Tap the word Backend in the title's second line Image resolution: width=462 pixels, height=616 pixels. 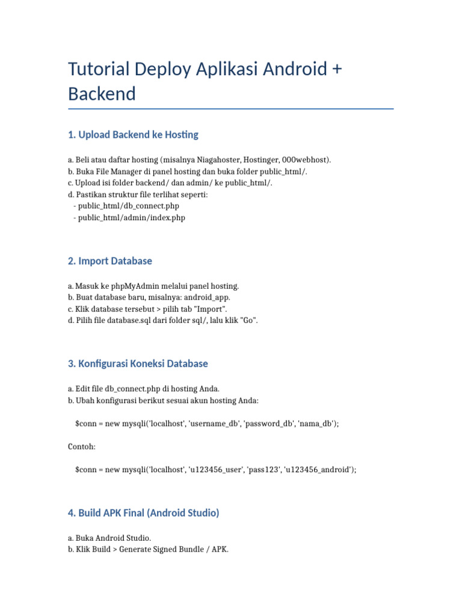pos(102,94)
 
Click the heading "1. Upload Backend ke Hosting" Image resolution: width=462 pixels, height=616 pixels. pos(133,135)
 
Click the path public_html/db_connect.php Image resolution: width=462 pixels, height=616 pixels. pos(129,206)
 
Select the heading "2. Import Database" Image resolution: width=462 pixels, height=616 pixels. pos(110,261)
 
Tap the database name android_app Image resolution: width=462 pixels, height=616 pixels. pos(206,298)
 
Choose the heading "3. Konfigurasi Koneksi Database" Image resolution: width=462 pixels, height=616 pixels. pos(138,363)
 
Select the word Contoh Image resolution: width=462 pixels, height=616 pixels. pos(82,447)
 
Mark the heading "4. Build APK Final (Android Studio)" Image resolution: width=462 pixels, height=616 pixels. pos(144,513)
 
